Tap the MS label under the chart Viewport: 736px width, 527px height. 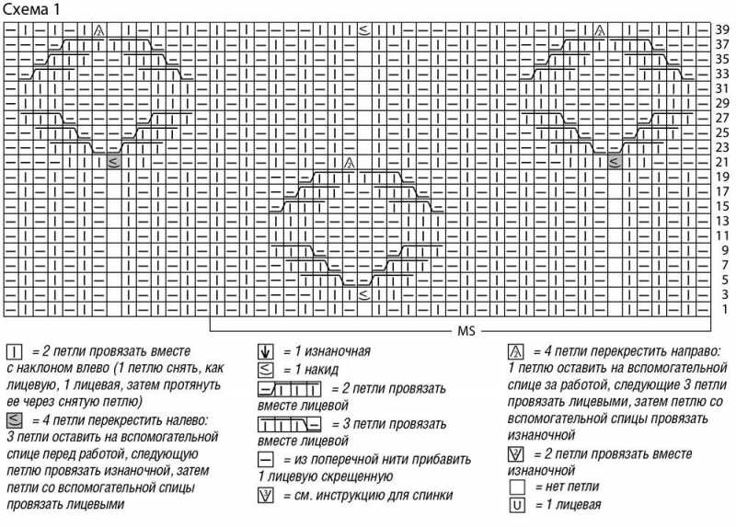[x=463, y=329]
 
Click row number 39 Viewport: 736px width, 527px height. [x=722, y=29]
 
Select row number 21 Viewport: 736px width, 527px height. [x=722, y=162]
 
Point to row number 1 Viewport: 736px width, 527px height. [x=724, y=309]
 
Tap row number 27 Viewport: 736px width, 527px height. [x=722, y=118]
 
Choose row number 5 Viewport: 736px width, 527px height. [x=724, y=280]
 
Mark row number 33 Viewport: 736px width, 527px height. [x=722, y=74]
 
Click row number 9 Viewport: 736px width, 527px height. [x=724, y=250]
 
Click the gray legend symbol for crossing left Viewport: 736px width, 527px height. [x=15, y=420]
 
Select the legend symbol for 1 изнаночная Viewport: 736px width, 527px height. [x=266, y=351]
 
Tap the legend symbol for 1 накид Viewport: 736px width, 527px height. [x=266, y=370]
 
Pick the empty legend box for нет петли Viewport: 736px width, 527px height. [x=516, y=487]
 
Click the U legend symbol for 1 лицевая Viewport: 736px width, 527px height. [x=516, y=505]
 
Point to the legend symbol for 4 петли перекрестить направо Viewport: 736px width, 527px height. [x=516, y=351]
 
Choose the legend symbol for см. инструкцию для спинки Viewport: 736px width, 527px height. [x=266, y=496]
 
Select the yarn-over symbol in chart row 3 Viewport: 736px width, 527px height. [x=364, y=294]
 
